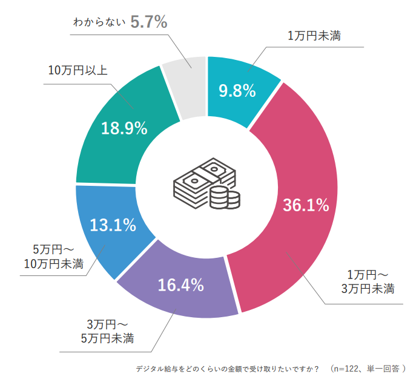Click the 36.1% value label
pyautogui.click(x=306, y=205)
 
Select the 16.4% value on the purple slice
pyautogui.click(x=180, y=284)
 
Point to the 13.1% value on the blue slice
pyautogui.click(x=113, y=225)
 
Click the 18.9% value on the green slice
pyautogui.click(x=125, y=128)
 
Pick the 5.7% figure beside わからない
pyautogui.click(x=148, y=22)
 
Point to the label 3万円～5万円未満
pyautogui.click(x=107, y=330)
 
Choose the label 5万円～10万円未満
pyautogui.click(x=51, y=257)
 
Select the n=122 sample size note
pyautogui.click(x=370, y=367)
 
